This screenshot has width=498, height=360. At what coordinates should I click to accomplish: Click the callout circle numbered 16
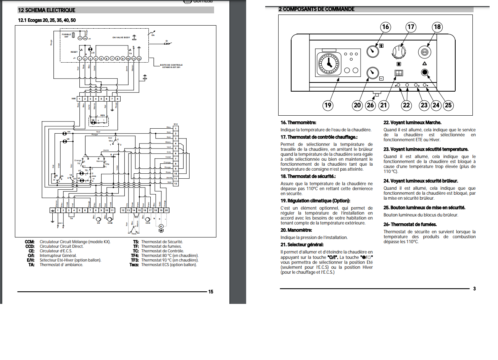[x=385, y=27]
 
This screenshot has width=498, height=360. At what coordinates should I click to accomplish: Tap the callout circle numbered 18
[x=437, y=27]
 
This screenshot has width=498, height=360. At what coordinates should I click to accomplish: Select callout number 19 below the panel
[x=327, y=105]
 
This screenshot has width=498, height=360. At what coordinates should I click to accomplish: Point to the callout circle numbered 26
[x=370, y=105]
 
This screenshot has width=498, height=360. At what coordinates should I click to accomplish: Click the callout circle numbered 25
[x=448, y=105]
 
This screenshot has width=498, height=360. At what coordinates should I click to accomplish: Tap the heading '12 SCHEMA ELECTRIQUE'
[x=47, y=10]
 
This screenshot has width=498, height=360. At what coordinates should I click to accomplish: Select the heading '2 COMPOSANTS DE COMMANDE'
[x=316, y=9]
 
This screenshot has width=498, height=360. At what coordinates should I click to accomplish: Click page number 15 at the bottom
[x=211, y=292]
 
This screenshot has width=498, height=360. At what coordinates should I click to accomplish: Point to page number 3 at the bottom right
[x=474, y=289]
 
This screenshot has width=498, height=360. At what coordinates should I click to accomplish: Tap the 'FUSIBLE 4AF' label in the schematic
[x=66, y=36]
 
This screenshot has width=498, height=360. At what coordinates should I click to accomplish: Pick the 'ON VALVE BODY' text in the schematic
[x=121, y=37]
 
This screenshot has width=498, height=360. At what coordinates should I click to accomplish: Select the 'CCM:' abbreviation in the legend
[x=30, y=242]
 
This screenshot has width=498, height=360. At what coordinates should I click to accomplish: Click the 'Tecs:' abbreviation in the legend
[x=134, y=265]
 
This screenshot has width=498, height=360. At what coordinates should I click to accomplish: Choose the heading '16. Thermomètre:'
[x=298, y=123]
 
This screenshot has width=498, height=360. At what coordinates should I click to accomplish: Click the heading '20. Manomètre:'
[x=296, y=230]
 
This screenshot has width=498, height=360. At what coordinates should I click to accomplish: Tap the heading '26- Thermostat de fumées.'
[x=410, y=224]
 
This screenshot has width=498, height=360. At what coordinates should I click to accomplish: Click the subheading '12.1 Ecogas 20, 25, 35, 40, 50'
[x=47, y=20]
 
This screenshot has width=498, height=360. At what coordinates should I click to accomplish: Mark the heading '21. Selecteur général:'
[x=302, y=245]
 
